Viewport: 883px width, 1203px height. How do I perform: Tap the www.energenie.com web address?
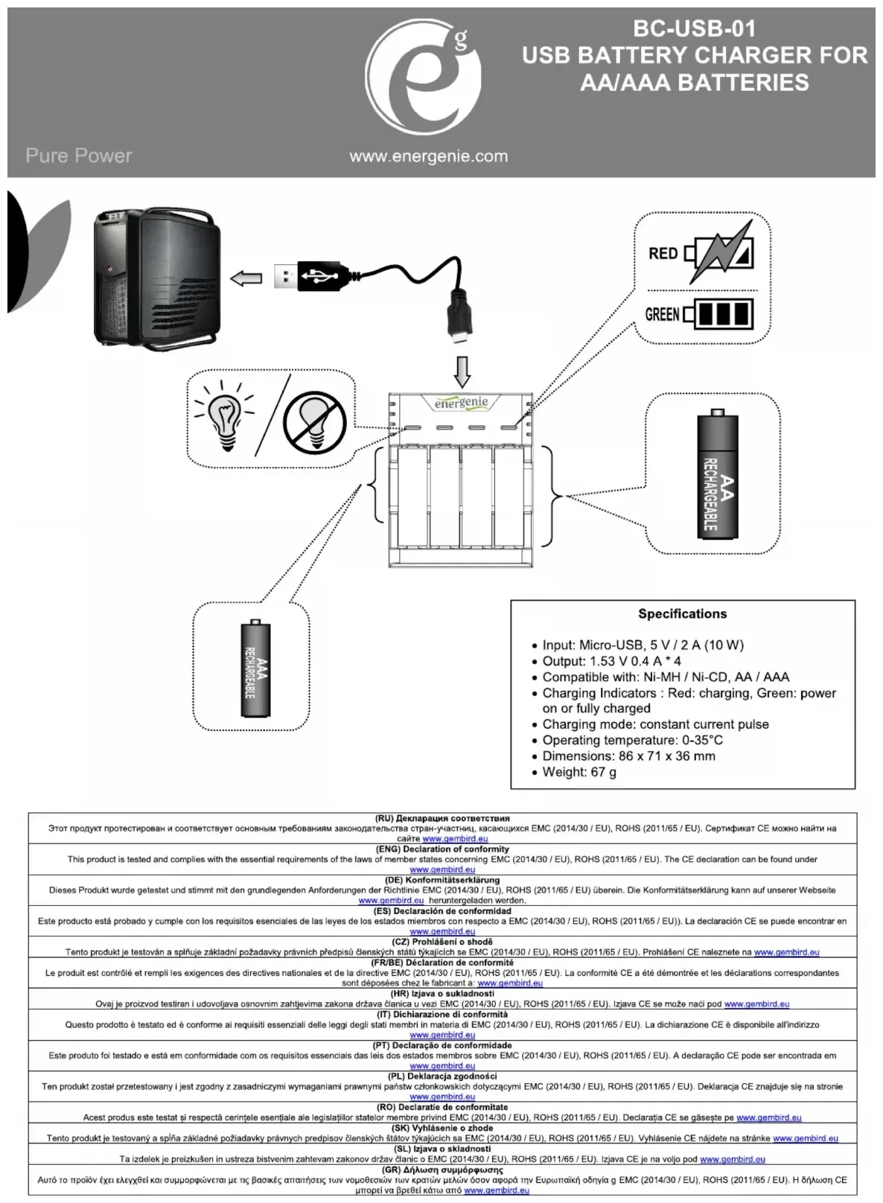[428, 156]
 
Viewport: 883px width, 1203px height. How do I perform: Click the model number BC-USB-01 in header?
[694, 29]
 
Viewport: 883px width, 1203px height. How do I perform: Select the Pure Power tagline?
[78, 156]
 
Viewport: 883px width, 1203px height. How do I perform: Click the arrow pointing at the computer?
[246, 278]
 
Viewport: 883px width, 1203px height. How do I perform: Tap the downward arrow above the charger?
[462, 371]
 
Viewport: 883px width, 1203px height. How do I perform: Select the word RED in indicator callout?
[663, 253]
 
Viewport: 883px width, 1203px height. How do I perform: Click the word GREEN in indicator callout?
[662, 314]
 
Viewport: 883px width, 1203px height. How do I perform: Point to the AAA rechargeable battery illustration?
[255, 668]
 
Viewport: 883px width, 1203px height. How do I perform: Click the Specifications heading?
[682, 614]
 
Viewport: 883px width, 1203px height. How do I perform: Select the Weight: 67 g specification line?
[579, 772]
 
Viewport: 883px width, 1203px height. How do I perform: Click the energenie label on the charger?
[462, 403]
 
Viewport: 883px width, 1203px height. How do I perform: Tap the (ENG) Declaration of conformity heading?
[442, 849]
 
